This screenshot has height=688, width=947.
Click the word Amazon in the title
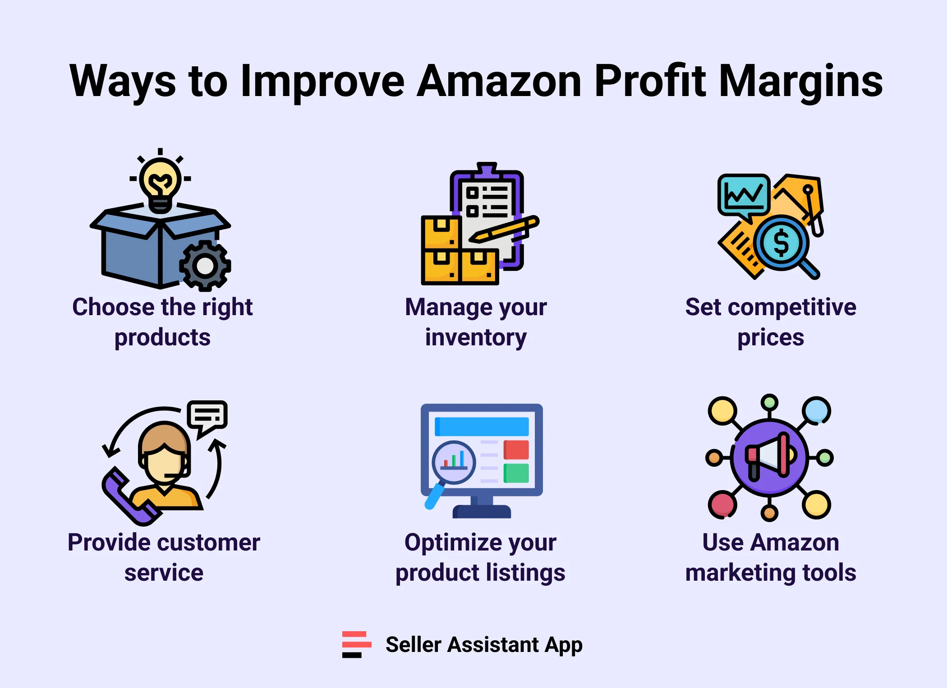(x=499, y=81)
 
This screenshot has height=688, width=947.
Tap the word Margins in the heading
(x=800, y=81)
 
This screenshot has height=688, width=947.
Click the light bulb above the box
(x=160, y=183)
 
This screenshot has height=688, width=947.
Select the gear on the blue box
(x=205, y=266)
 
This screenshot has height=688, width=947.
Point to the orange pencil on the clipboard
(x=505, y=229)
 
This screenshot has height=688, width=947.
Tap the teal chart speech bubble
(x=743, y=195)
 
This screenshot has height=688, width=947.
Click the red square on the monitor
(x=516, y=450)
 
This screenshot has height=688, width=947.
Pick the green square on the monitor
(x=516, y=473)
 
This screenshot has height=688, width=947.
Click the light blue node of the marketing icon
(x=816, y=410)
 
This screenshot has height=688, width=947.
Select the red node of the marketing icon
(x=722, y=505)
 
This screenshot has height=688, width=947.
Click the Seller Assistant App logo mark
(x=356, y=644)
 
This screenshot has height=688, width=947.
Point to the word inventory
(x=476, y=337)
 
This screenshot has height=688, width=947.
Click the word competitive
(x=792, y=307)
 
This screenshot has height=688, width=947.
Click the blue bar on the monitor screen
(x=482, y=427)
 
